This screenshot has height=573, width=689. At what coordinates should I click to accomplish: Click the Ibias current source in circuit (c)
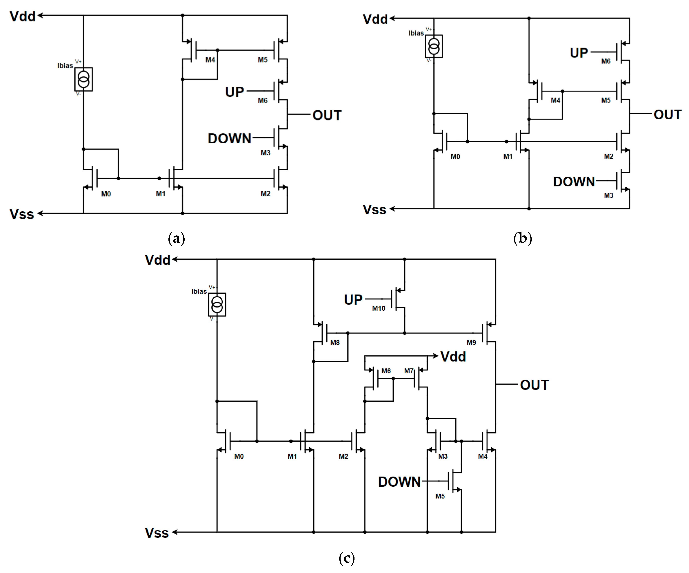coord(217,305)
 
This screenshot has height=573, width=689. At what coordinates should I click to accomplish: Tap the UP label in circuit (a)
coord(234,92)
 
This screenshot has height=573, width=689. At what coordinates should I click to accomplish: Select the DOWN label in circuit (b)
coord(574,182)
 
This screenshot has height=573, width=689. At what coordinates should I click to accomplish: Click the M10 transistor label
coord(378,308)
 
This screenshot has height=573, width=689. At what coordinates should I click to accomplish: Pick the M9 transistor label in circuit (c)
coord(471,343)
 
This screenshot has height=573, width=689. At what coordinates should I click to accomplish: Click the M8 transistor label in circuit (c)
coord(335,343)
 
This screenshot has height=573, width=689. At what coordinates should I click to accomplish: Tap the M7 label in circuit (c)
coord(408,371)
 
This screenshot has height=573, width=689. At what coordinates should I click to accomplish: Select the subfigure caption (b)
coord(522,238)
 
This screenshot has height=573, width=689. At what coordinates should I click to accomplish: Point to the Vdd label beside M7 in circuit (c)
coord(453,357)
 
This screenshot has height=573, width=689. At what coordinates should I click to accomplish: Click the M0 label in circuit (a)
coord(106,194)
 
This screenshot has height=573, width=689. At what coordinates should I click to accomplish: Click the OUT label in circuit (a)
coord(327,115)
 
